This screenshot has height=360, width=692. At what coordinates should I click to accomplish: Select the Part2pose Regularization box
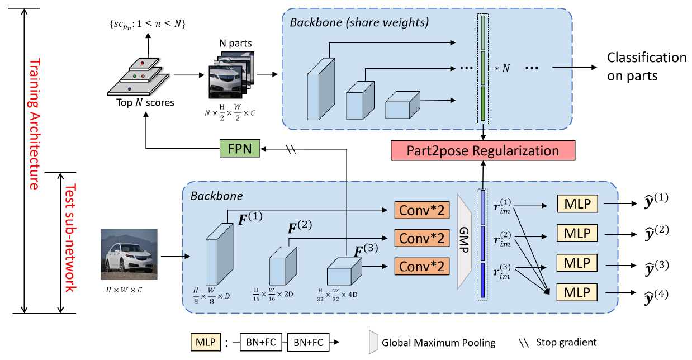(x=484, y=151)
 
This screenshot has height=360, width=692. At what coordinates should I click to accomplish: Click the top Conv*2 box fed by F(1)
(x=423, y=210)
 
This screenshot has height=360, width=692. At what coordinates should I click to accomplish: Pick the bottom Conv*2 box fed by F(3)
(x=423, y=266)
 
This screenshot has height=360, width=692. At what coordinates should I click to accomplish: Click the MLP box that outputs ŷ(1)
(x=577, y=204)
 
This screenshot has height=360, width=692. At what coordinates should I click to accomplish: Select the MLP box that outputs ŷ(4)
(x=577, y=292)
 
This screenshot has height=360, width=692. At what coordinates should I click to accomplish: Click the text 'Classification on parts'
(x=646, y=67)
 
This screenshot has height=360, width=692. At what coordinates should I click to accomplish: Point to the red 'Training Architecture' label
(x=35, y=125)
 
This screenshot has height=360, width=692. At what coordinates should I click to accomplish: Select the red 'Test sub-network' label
(x=70, y=237)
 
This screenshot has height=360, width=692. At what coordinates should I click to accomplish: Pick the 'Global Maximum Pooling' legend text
(x=439, y=342)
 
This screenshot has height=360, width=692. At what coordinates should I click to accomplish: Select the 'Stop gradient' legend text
(x=566, y=342)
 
